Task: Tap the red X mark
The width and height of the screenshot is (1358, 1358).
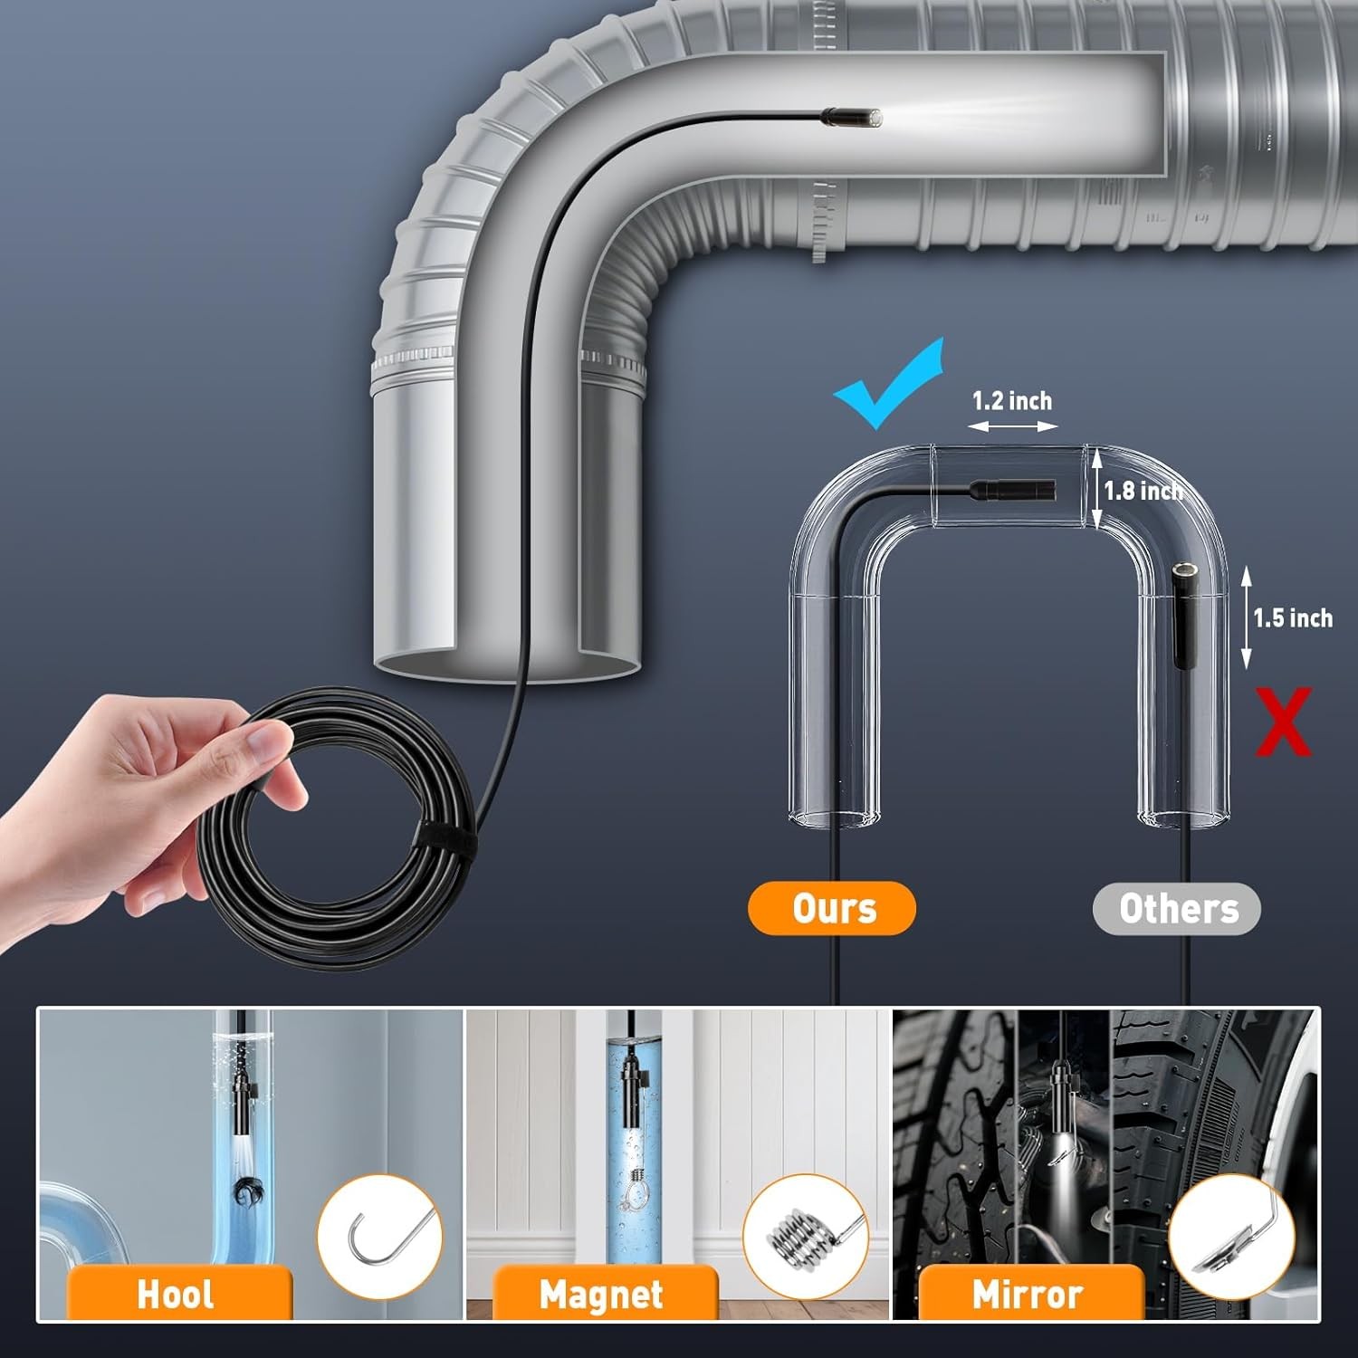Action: (x=1283, y=722)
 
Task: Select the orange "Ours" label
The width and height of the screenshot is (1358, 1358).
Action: (x=832, y=908)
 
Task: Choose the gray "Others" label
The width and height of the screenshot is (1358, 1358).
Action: (x=1177, y=908)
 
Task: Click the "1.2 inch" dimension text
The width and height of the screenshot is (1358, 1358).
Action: (x=1012, y=400)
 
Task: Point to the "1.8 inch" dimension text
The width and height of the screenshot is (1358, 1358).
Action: (x=1143, y=491)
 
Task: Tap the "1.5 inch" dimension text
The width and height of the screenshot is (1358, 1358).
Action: (x=1292, y=618)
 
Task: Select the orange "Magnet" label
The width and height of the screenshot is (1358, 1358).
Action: (x=602, y=1295)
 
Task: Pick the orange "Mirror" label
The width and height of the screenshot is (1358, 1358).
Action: (x=1028, y=1295)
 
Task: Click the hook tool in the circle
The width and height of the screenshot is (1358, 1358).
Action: (x=380, y=1237)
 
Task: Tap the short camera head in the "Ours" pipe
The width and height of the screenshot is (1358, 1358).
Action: (x=1013, y=490)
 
